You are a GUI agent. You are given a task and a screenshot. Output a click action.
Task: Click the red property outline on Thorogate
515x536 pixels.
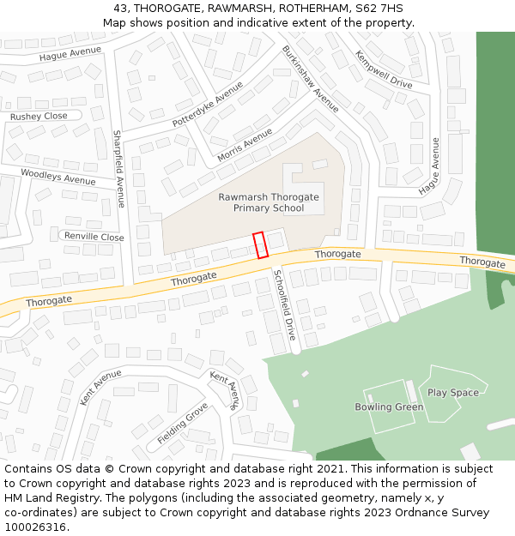pos(260,245)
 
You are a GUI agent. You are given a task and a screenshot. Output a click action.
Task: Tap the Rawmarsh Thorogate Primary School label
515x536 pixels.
pos(269,202)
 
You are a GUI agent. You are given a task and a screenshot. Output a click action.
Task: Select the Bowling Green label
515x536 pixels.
pos(389,407)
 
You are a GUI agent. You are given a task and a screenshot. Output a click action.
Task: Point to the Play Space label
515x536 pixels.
pos(453,393)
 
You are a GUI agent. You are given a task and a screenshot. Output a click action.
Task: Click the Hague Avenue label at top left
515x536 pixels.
pos(70,53)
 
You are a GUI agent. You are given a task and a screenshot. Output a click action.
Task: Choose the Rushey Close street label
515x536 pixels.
pos(39,116)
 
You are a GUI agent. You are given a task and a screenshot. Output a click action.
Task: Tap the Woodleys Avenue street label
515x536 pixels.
pos(58,177)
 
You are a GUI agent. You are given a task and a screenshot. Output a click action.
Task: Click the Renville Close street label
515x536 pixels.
pos(94,237)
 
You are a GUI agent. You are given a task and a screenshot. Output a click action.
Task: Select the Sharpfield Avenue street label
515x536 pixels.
pos(118,169)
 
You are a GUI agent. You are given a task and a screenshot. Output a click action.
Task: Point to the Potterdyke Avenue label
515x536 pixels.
pos(202,105)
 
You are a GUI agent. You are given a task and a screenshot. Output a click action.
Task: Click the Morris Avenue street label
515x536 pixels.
pos(245,145)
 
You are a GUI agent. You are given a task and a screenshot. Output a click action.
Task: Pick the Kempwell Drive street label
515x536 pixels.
pos(384,69)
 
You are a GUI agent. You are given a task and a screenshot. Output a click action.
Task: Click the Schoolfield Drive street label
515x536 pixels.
pos(284,304)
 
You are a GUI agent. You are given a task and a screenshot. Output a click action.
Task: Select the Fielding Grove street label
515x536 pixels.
pos(183,424)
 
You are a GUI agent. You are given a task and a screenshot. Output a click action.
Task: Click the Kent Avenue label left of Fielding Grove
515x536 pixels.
pos(100,387)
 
